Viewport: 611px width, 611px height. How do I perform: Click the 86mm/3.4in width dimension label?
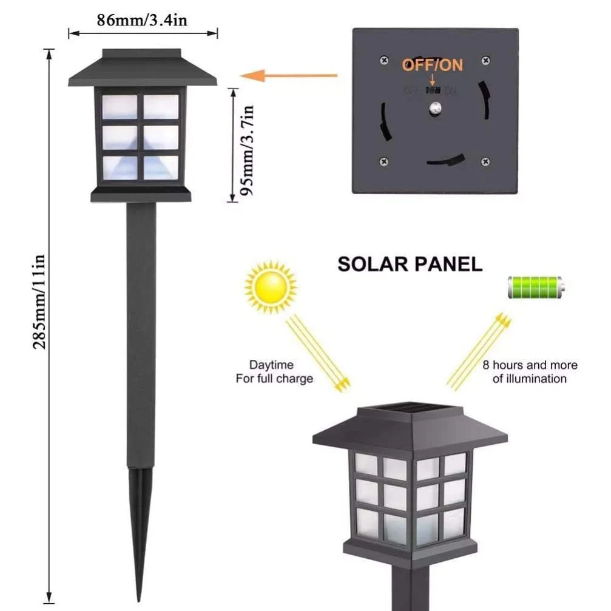(142, 20)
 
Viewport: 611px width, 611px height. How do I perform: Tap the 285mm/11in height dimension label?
(40, 301)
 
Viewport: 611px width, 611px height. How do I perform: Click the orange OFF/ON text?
(432, 66)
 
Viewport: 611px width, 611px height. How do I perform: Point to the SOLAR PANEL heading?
(410, 264)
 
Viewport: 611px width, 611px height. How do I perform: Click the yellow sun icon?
(271, 286)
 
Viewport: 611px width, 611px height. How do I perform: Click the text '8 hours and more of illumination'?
(530, 372)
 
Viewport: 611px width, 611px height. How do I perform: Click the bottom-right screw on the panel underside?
(484, 161)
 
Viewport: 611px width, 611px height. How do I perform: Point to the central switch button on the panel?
(434, 109)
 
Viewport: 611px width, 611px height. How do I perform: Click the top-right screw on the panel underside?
(485, 60)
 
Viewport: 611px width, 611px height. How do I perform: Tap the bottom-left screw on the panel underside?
(383, 161)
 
